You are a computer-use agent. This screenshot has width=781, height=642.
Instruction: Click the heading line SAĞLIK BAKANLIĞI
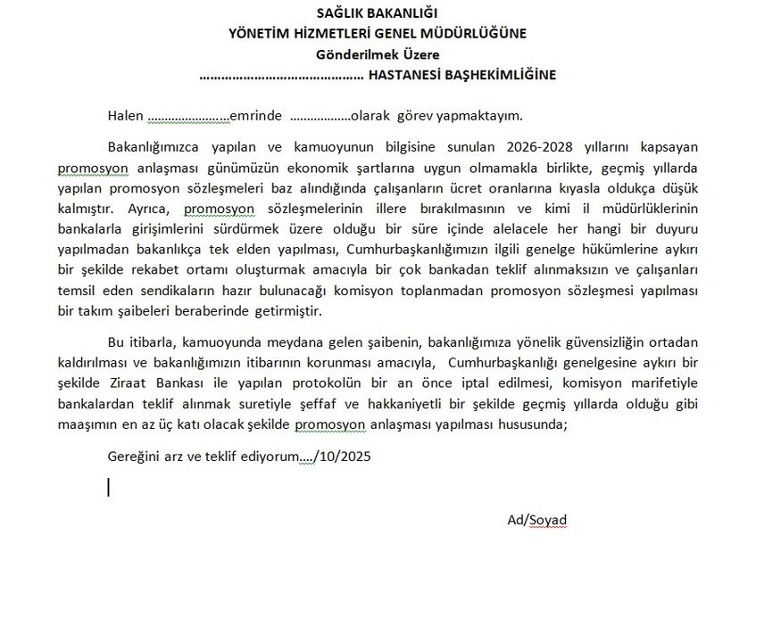[378, 13]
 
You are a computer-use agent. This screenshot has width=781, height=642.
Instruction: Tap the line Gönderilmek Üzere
[377, 54]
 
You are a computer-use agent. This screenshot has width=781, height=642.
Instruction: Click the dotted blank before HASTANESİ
[281, 77]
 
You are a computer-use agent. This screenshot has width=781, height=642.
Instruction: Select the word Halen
[125, 116]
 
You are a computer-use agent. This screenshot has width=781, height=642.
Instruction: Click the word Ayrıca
[155, 209]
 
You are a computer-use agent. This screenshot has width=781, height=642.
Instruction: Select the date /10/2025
[343, 457]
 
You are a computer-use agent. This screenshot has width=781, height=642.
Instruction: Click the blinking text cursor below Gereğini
[108, 487]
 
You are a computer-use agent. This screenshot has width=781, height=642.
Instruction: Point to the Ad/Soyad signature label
[536, 520]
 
